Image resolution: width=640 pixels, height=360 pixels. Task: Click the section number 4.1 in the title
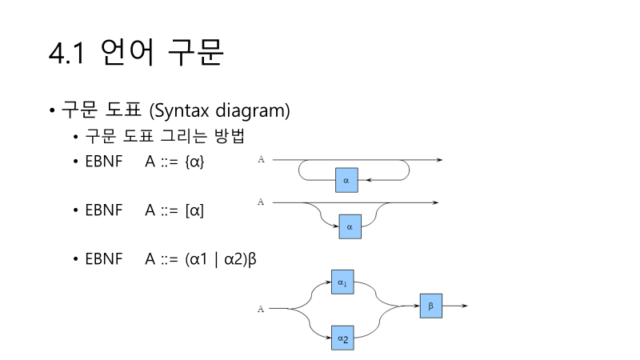tap(66, 53)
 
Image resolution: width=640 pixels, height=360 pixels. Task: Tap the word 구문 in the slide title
tap(194, 53)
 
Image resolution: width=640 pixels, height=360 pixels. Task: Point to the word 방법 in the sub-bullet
tap(224, 136)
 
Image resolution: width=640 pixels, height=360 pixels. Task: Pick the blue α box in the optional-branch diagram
tap(350, 227)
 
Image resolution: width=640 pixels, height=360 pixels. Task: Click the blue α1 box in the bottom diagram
tap(342, 283)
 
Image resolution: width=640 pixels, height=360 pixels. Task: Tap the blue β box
tap(430, 306)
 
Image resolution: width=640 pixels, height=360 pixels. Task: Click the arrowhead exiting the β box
tap(465, 306)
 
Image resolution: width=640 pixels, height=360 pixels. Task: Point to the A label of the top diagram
tap(261, 160)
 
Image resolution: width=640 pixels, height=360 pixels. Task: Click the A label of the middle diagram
tap(261, 202)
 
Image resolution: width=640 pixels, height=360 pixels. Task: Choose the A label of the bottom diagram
tap(261, 307)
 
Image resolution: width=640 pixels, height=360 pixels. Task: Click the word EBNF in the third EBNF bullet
tap(103, 259)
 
